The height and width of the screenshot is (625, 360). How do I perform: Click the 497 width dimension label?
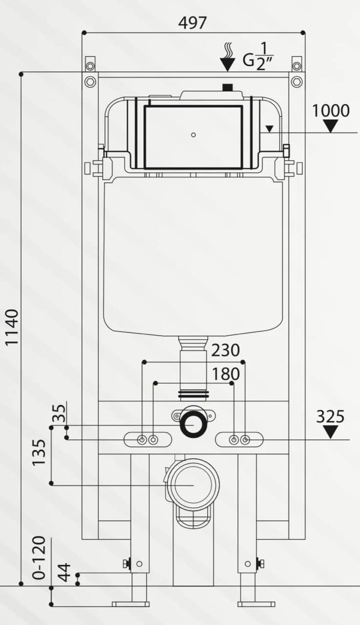pyautogui.click(x=192, y=22)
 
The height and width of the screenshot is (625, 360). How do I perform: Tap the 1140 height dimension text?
pyautogui.click(x=12, y=327)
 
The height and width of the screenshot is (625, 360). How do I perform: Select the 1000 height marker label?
pyautogui.click(x=331, y=110)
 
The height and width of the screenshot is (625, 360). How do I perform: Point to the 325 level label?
pyautogui.click(x=330, y=417)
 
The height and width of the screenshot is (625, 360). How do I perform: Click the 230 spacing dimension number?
pyautogui.click(x=226, y=351)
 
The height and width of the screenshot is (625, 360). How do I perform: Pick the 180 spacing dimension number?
pyautogui.click(x=226, y=374)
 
